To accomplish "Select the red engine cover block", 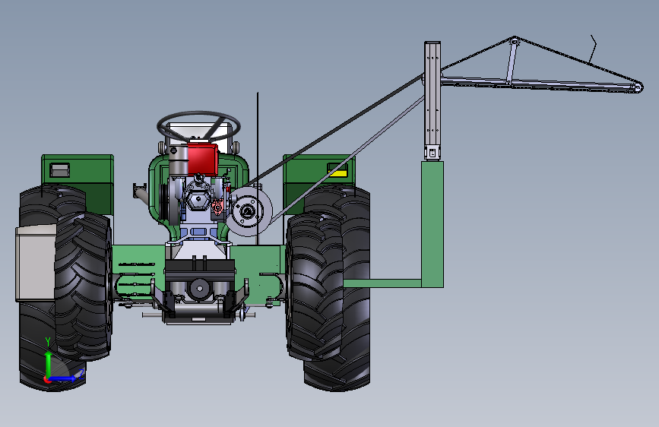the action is (203, 159).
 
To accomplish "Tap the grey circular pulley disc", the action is (249, 211).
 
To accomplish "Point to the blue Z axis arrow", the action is (63, 378).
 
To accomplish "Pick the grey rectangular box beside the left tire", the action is (36, 263).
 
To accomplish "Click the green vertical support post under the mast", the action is (432, 224).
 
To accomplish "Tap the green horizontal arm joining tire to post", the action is (382, 283).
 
